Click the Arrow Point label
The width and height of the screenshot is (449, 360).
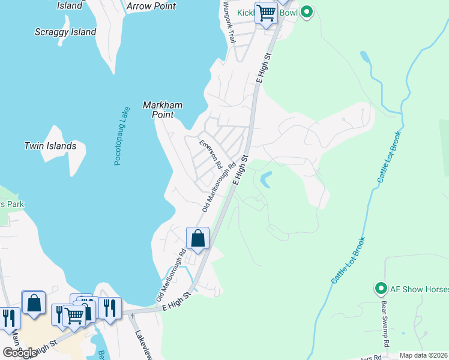[x=151, y=6]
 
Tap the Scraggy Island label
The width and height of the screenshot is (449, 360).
[x=65, y=32]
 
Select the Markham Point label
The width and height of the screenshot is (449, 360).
[x=162, y=110]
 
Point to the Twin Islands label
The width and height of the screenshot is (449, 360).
[x=50, y=146]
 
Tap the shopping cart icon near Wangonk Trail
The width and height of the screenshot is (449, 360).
[x=266, y=13]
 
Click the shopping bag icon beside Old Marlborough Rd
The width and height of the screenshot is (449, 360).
[x=197, y=239]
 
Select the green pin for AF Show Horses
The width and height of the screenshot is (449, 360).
[x=380, y=289]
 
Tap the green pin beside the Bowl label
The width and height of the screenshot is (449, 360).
[x=307, y=11]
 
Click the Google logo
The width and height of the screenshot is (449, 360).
[x=20, y=353]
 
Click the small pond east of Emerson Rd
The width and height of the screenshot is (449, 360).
[x=265, y=179]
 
